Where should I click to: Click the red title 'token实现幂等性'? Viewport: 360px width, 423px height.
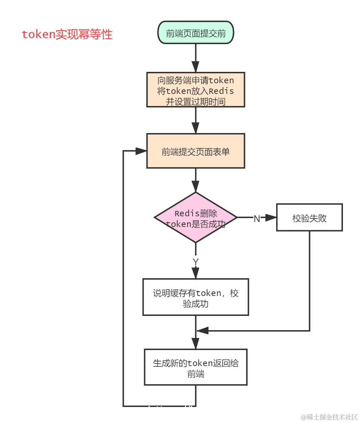67,35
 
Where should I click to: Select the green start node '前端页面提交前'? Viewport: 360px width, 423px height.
196,33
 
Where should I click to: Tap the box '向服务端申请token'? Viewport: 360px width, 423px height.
196,90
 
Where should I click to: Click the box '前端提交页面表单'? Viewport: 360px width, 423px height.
196,151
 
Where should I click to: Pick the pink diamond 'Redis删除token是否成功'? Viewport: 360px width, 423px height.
196,218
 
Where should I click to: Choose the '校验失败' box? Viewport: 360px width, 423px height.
309,218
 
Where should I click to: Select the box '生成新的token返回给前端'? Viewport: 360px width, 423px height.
196,368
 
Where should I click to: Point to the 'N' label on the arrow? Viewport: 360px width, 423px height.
256,219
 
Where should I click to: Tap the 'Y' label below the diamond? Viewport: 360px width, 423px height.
196,262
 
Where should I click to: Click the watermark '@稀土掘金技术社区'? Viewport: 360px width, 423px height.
329,417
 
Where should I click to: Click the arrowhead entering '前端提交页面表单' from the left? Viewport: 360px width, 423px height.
141,151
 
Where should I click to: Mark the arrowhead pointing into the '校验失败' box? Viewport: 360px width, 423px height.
271,218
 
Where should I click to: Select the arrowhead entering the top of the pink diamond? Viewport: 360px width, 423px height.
196,186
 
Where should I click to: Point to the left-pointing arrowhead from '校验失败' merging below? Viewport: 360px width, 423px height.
202,331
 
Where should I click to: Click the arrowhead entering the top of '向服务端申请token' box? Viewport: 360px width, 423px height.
196,67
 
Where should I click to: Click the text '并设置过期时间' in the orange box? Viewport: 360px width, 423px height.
196,102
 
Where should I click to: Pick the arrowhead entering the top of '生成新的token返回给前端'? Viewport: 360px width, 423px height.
196,343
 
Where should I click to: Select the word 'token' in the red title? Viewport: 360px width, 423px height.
38,35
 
